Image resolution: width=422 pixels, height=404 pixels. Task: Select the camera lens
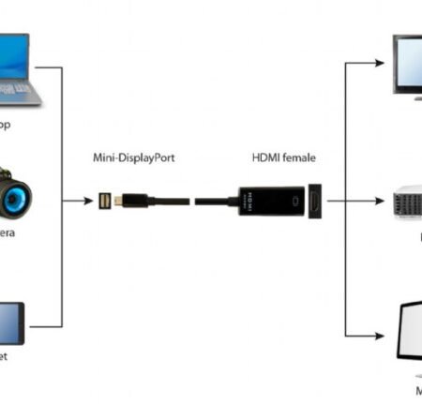coord(16,199)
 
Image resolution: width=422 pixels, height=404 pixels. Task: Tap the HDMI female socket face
coord(315,201)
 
